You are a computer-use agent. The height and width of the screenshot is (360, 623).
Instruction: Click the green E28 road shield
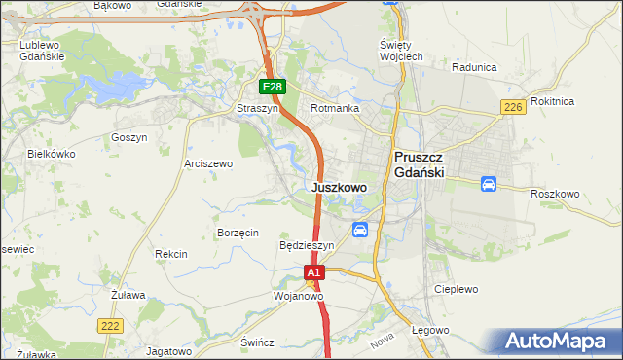[273, 88]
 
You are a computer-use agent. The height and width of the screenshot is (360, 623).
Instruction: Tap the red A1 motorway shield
[313, 274]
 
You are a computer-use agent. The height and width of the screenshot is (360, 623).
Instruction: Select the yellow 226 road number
[514, 107]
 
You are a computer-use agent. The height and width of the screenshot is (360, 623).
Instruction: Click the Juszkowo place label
[340, 187]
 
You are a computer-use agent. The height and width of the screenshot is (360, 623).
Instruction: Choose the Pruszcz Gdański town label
[419, 163]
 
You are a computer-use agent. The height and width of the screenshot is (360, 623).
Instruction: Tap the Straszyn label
[258, 109]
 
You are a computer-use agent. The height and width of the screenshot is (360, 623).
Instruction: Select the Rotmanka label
[335, 109]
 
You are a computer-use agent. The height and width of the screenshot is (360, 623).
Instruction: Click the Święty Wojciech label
[400, 52]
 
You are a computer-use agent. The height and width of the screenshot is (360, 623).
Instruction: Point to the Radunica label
[475, 67]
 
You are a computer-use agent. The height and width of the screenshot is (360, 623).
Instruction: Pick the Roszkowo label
[555, 194]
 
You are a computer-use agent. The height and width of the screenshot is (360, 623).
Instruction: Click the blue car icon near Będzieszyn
[360, 230]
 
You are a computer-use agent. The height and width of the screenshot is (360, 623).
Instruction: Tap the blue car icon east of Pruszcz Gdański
[489, 184]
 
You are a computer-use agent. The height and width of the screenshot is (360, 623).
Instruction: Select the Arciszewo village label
[208, 164]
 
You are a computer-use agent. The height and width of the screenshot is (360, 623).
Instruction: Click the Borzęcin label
[238, 234]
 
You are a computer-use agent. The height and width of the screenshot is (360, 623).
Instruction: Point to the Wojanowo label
[298, 295]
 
